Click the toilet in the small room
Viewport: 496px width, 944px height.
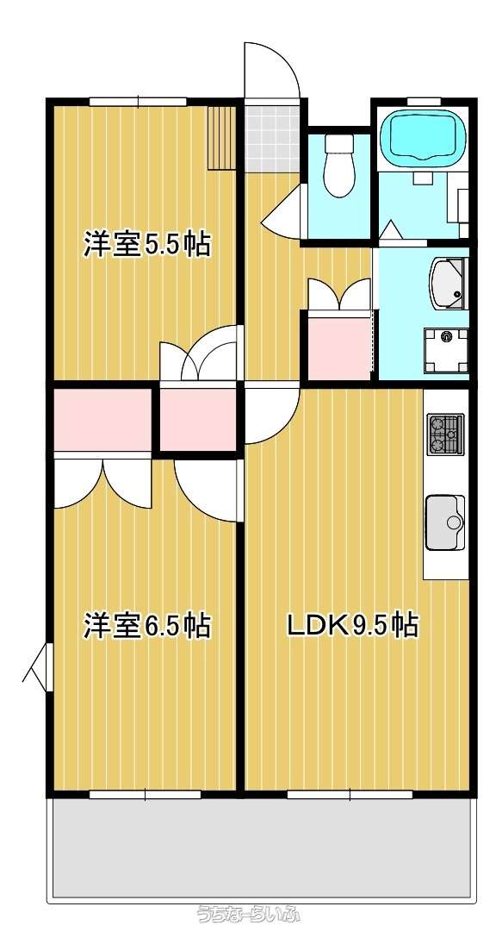pyautogui.click(x=338, y=165)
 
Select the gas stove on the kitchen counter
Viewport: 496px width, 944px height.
pyautogui.click(x=445, y=434)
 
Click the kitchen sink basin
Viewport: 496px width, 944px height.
pyautogui.click(x=445, y=522)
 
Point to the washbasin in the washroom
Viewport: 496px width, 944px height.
pyautogui.click(x=449, y=283)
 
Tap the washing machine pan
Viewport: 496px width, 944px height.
pyautogui.click(x=445, y=350)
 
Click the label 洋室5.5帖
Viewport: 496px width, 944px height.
pyautogui.click(x=146, y=245)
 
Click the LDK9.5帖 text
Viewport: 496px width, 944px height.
pyautogui.click(x=352, y=625)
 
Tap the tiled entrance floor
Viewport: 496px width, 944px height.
pyautogui.click(x=272, y=139)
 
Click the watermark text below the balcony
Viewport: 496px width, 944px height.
pyautogui.click(x=248, y=915)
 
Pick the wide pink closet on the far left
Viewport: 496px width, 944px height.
pyautogui.click(x=102, y=419)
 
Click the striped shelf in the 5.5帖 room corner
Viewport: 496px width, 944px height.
pyautogui.click(x=220, y=137)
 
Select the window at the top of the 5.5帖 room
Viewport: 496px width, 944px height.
pyautogui.click(x=138, y=102)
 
